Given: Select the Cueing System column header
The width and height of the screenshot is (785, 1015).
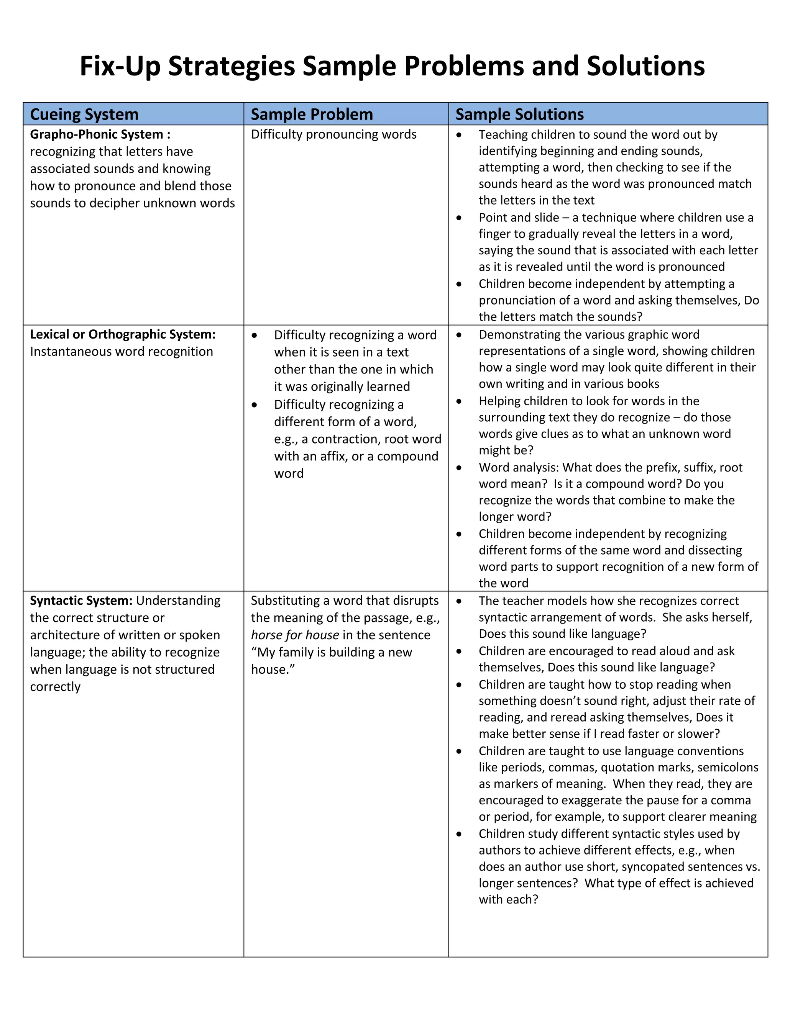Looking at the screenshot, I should coord(84,114).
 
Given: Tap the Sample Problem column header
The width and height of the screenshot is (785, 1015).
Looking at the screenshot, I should coord(312,114).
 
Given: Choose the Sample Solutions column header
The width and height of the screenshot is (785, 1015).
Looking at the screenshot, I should coord(519,114).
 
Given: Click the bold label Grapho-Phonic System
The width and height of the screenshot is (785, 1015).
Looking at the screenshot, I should coord(96,134).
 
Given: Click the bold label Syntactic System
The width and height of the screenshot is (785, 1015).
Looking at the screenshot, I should coord(81,601).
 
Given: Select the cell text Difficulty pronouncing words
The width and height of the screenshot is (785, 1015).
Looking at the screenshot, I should coord(333,134).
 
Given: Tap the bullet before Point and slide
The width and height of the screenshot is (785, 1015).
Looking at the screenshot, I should coord(459,218).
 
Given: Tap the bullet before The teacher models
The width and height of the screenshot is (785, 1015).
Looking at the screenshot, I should coord(459,601).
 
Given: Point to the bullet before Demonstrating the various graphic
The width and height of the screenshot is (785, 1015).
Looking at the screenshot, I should coord(459,335).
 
